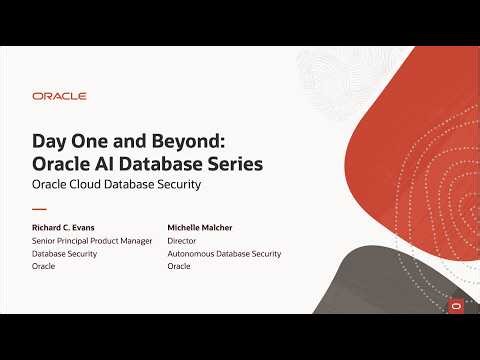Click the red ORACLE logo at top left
[59, 96]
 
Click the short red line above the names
[39, 209]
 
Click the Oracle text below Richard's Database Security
[44, 267]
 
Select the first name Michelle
[187, 227]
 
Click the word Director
[185, 241]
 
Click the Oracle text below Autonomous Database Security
[180, 267]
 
